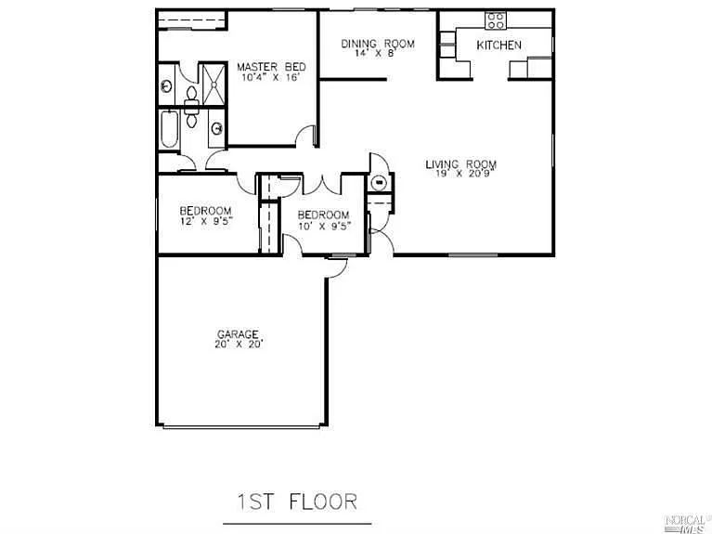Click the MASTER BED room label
tap(270, 67)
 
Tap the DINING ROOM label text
tap(377, 44)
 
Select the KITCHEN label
tap(498, 45)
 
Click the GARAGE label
tap(238, 333)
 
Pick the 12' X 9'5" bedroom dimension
tap(205, 222)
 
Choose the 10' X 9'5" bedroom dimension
tap(323, 227)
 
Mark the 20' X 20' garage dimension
tap(239, 344)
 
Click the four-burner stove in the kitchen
tap(496, 20)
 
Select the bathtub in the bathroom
tap(170, 131)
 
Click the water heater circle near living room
tap(379, 182)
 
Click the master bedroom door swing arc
tap(305, 137)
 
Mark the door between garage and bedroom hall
tap(336, 267)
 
